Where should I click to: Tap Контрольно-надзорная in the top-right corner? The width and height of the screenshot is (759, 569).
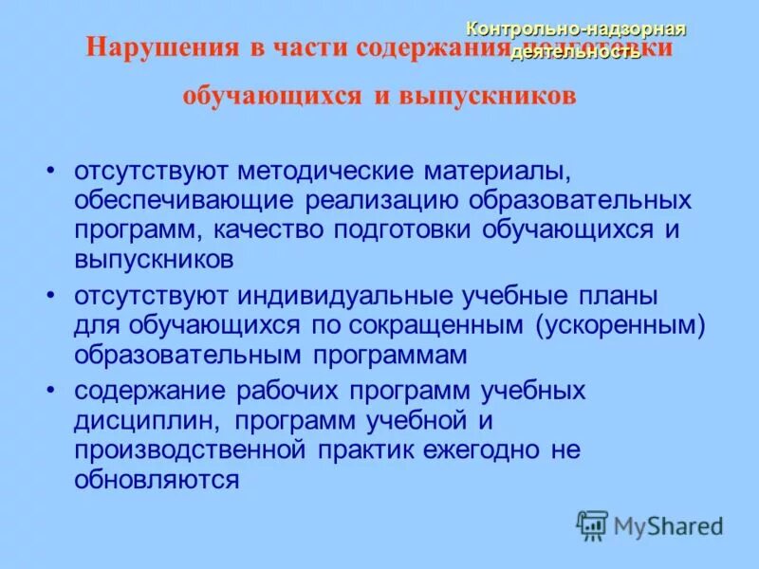pyautogui.click(x=578, y=28)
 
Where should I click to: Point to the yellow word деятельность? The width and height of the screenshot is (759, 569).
pyautogui.click(x=576, y=52)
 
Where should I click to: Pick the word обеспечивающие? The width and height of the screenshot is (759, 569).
pyautogui.click(x=185, y=201)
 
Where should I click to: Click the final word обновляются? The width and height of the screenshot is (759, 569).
pyautogui.click(x=156, y=477)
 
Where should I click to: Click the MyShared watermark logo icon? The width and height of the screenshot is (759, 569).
pyautogui.click(x=592, y=525)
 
